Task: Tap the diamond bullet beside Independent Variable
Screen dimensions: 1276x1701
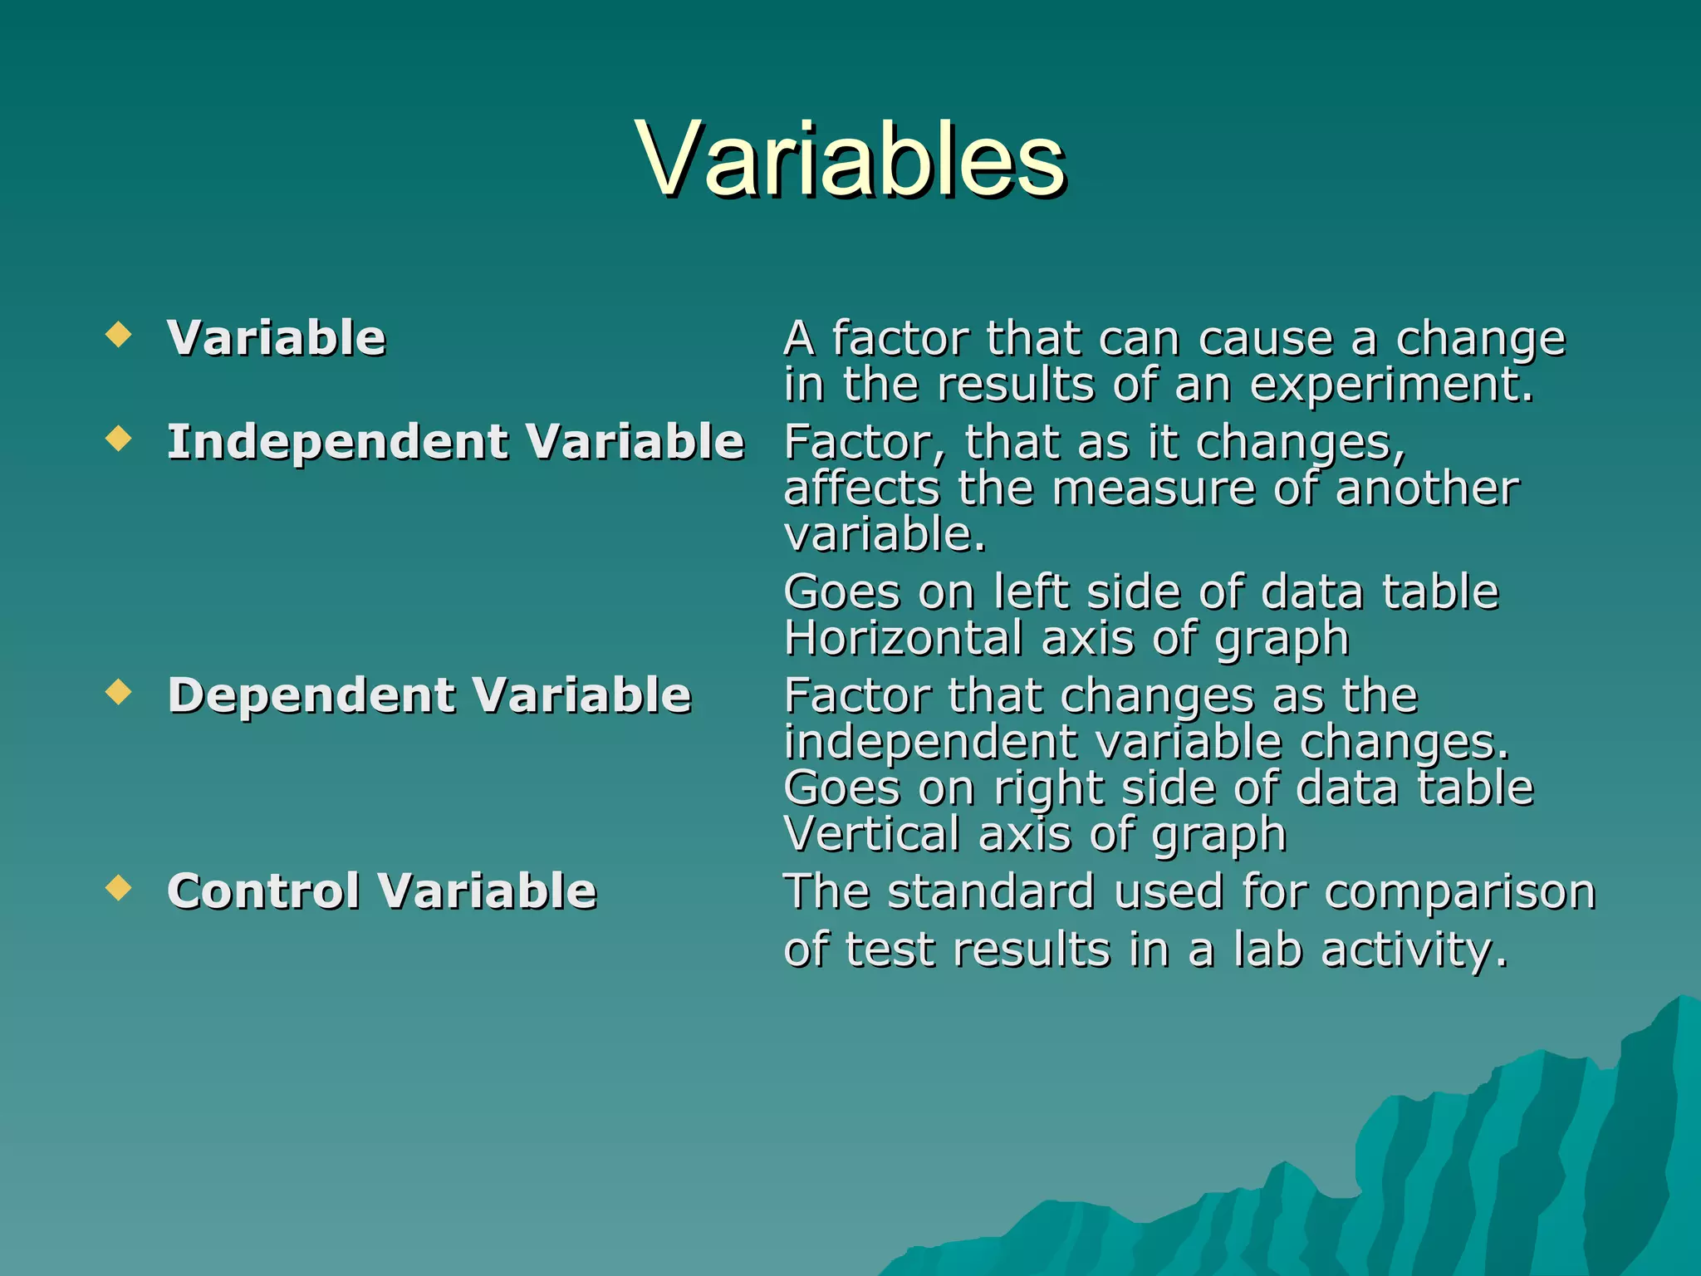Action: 120,438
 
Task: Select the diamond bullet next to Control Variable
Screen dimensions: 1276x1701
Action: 120,888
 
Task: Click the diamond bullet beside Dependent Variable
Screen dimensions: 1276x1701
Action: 120,691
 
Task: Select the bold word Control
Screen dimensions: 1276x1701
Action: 263,891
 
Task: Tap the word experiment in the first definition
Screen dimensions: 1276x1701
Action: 1391,385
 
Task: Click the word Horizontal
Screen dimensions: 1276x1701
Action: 903,638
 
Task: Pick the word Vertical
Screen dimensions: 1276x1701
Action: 871,833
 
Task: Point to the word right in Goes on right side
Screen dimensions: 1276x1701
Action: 1049,788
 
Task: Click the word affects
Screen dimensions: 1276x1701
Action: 861,488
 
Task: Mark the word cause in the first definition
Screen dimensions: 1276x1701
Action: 1265,340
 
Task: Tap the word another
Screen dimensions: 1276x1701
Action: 1427,488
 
